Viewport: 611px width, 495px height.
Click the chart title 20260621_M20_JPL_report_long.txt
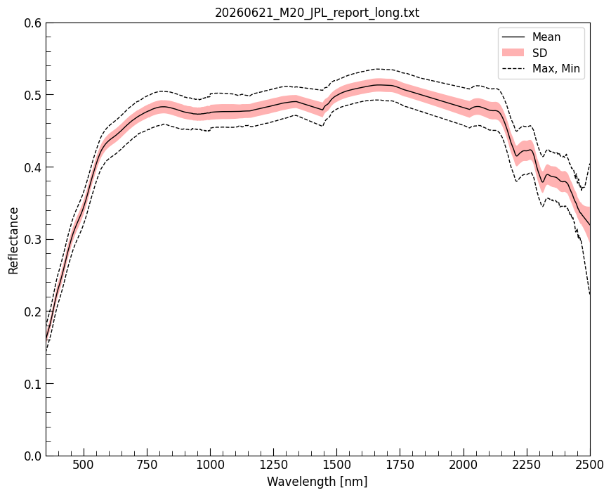[317, 13]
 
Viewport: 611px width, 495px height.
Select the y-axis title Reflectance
[13, 240]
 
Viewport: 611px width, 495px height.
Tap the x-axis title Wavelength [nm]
[317, 482]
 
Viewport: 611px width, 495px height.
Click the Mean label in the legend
[546, 37]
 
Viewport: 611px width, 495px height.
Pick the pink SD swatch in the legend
[513, 53]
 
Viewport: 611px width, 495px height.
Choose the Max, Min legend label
[556, 69]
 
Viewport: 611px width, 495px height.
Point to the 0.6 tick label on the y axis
[32, 23]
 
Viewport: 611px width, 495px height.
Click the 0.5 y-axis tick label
[32, 95]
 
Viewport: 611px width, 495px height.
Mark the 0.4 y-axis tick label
[32, 167]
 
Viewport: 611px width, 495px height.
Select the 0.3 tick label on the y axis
[32, 240]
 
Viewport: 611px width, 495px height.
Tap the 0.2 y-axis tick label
[32, 311]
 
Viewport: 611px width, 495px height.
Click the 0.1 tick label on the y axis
[32, 384]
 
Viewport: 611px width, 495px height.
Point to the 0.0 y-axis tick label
[32, 456]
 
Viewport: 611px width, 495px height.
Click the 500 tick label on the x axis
[84, 465]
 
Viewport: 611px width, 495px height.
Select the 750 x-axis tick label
[147, 465]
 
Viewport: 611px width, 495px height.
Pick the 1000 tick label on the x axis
[211, 465]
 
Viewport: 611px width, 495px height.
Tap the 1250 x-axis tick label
[274, 465]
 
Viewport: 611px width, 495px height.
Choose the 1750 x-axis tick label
[400, 465]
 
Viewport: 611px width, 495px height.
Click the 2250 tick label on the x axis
[527, 465]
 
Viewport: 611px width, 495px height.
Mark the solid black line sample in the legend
[513, 37]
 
